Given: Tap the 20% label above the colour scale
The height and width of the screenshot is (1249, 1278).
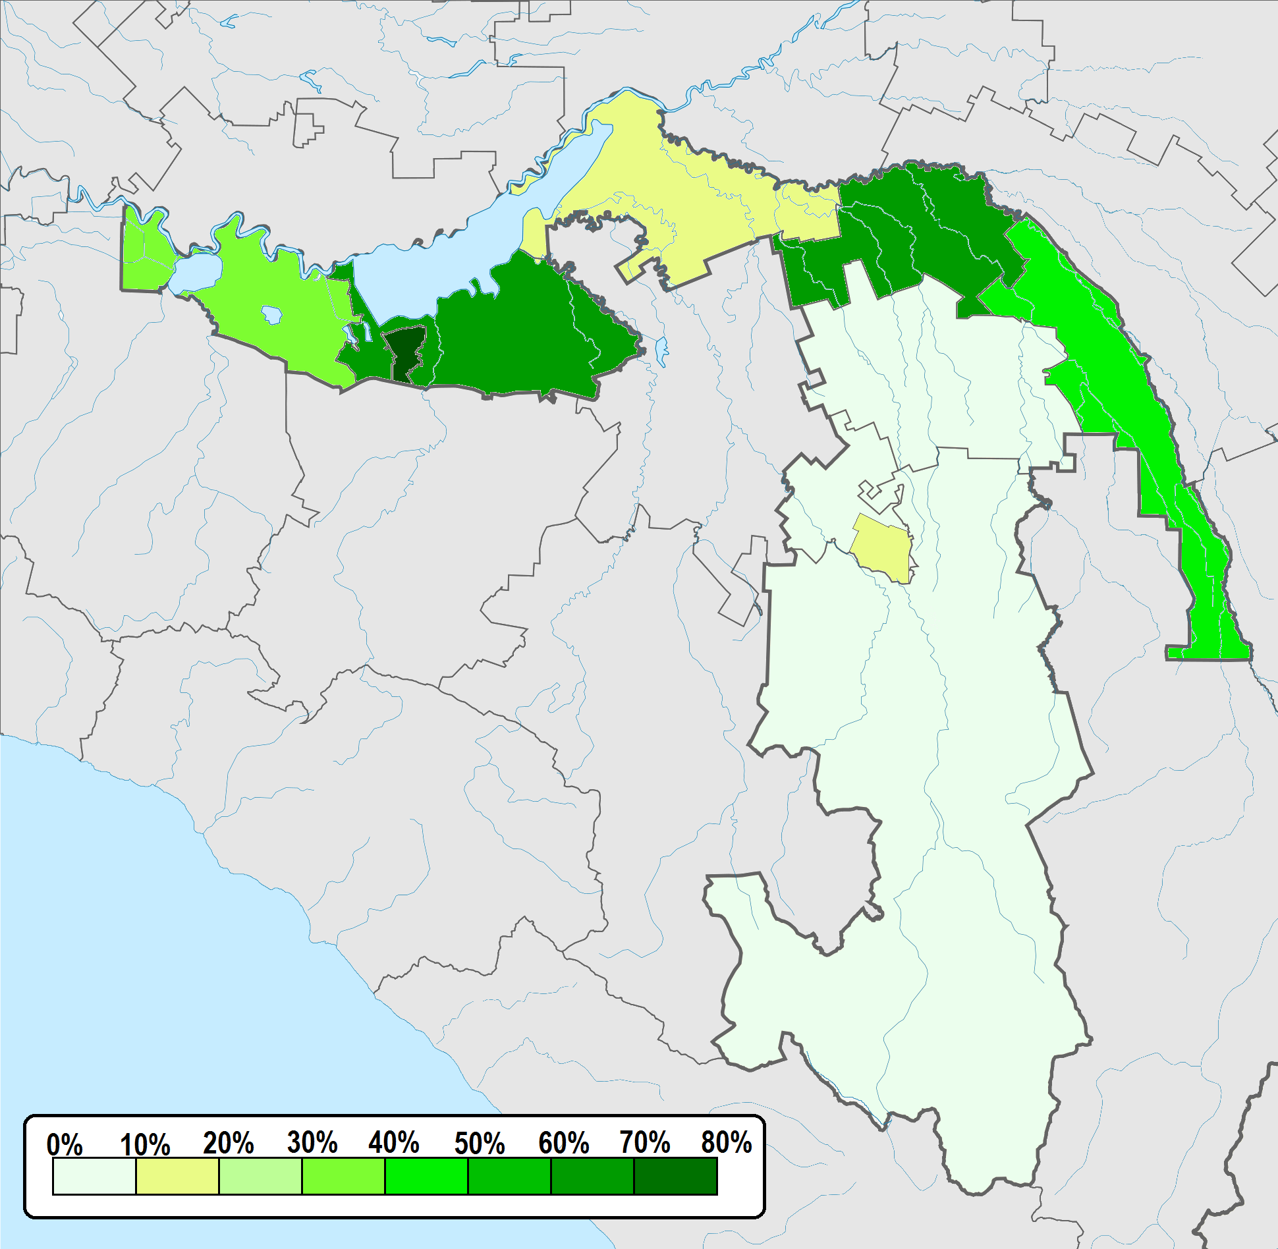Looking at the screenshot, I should click(228, 1144).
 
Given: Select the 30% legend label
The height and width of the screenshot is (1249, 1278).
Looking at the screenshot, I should click(312, 1143).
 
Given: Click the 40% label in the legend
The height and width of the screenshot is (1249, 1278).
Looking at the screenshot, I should click(394, 1143).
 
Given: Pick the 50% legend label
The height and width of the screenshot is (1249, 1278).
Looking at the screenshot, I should click(480, 1144).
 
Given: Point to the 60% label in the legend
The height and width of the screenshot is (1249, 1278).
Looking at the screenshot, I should click(563, 1144).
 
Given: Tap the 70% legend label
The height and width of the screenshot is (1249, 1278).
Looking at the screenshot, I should click(645, 1143).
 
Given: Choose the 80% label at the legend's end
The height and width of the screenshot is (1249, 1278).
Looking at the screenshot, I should click(726, 1143).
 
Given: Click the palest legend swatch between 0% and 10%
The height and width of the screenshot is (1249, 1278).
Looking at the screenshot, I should click(94, 1176).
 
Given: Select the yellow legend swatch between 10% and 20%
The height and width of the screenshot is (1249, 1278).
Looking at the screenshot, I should click(177, 1176).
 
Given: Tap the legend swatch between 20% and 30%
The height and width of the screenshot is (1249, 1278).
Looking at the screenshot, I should click(260, 1176).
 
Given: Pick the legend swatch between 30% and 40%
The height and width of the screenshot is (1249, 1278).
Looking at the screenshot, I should click(343, 1176).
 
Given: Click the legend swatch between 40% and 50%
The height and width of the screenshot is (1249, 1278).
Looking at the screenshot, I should click(426, 1176).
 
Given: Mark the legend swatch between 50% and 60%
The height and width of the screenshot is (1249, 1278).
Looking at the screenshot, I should click(509, 1176).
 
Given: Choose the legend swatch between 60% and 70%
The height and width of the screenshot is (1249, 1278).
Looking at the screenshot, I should click(592, 1176).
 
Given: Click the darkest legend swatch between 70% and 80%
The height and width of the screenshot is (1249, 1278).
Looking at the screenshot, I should click(675, 1176).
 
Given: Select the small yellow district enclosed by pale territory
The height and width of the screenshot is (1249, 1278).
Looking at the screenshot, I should click(883, 547).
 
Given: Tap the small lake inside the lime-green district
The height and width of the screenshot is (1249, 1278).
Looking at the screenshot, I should click(271, 314).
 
